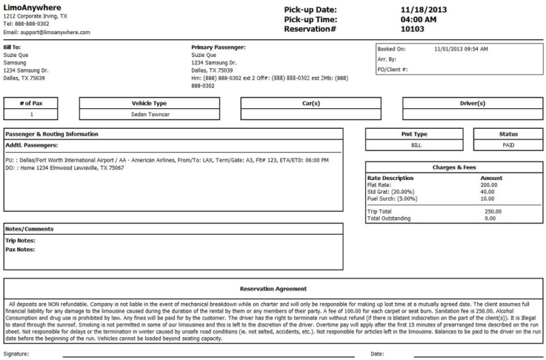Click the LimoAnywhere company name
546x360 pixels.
pyautogui.click(x=32, y=6)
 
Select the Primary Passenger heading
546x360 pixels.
pyautogui.click(x=218, y=48)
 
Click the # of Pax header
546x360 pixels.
pyautogui.click(x=32, y=103)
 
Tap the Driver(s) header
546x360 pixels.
pyautogui.click(x=472, y=103)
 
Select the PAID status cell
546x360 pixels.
pyautogui.click(x=508, y=144)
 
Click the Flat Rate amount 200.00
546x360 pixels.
pyautogui.click(x=488, y=185)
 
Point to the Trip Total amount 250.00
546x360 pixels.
pyautogui.click(x=493, y=211)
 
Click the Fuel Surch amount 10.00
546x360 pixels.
pyautogui.click(x=488, y=198)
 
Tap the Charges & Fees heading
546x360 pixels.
pyautogui.click(x=454, y=168)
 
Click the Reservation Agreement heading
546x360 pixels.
pyautogui.click(x=273, y=289)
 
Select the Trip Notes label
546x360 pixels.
pyautogui.click(x=20, y=240)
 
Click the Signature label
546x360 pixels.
pyautogui.click(x=17, y=354)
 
